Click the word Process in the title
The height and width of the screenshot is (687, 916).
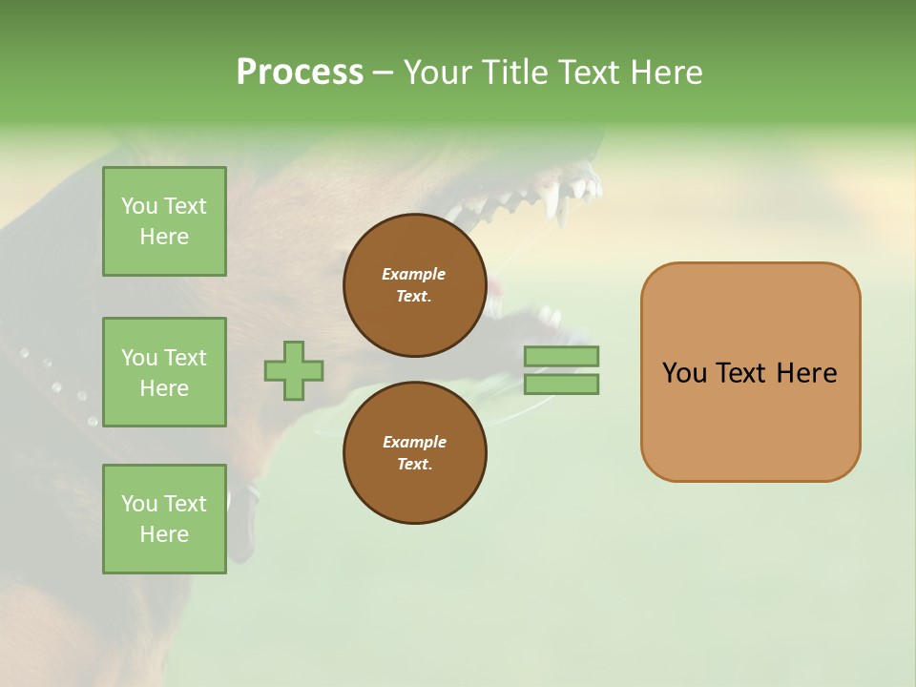(300, 73)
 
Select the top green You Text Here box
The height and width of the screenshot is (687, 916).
(164, 221)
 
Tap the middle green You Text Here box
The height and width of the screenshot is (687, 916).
(164, 372)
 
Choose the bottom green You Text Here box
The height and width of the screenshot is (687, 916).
(164, 519)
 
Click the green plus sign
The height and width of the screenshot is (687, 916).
(294, 370)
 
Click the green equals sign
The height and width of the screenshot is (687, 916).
(561, 370)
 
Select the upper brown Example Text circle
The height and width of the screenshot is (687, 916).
(414, 285)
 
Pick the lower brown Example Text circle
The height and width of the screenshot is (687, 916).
(414, 453)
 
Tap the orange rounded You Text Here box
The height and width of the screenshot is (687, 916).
(750, 372)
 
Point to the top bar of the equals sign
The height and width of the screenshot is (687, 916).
(561, 357)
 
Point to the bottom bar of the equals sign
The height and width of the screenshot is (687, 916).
(561, 385)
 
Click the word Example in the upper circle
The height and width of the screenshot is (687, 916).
(414, 274)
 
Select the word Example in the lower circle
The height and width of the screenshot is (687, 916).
(414, 442)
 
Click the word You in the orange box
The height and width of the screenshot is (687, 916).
(684, 373)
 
